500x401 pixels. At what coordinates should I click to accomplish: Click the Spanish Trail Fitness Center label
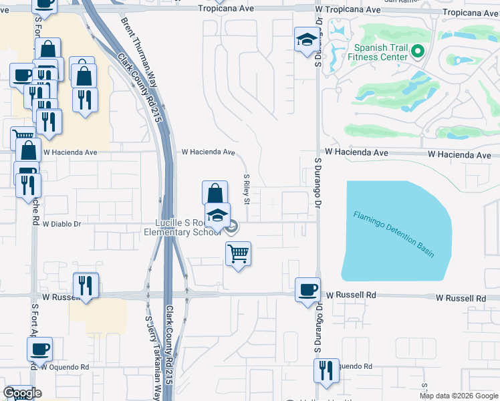pos(381,52)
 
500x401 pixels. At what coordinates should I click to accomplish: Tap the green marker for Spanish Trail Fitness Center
pos(419,51)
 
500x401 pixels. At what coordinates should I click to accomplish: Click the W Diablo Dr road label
pos(61,225)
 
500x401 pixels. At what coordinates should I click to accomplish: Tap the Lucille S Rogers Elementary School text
pos(187,228)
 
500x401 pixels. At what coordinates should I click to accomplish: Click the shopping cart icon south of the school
pos(239,254)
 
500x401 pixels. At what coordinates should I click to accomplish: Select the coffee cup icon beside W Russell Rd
pos(307,290)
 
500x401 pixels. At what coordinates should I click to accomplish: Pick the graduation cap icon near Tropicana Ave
pos(306,39)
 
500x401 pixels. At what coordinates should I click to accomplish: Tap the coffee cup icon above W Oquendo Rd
pos(39,349)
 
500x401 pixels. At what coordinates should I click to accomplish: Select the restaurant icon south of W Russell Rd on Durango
pos(326,371)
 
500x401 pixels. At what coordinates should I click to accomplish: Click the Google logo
pos(22,393)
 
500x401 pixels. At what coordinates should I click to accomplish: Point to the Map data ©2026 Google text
pos(459,396)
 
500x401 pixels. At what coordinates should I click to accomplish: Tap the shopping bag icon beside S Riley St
pos(215,194)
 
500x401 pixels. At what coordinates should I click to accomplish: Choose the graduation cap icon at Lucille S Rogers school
pos(217,216)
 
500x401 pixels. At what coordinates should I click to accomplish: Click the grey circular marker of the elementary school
pos(231,229)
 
